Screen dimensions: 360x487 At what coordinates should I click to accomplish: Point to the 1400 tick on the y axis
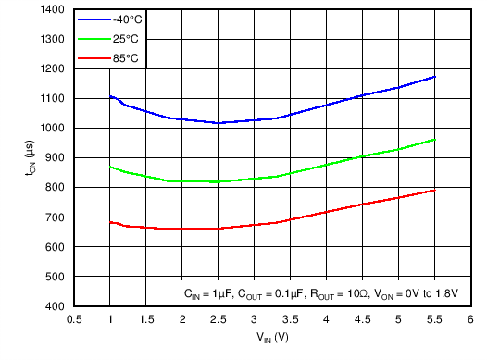tap(53, 9)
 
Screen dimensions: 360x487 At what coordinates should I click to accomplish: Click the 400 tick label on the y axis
tap(56, 306)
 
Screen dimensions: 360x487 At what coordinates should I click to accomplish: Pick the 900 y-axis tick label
tap(56, 158)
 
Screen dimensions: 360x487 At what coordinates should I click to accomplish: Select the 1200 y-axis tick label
tap(53, 69)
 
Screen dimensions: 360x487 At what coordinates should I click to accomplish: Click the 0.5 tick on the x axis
tap(74, 319)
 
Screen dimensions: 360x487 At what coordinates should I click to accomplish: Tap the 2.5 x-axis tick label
tap(219, 319)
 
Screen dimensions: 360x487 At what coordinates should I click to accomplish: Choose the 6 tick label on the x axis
tap(470, 319)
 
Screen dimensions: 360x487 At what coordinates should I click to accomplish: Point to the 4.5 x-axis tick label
tap(363, 319)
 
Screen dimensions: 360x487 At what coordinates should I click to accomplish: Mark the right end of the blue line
tap(434, 77)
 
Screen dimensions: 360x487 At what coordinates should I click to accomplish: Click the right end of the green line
tap(434, 139)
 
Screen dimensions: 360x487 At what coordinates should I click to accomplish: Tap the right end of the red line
tap(434, 190)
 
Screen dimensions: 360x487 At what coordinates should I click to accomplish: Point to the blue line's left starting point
tap(110, 96)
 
